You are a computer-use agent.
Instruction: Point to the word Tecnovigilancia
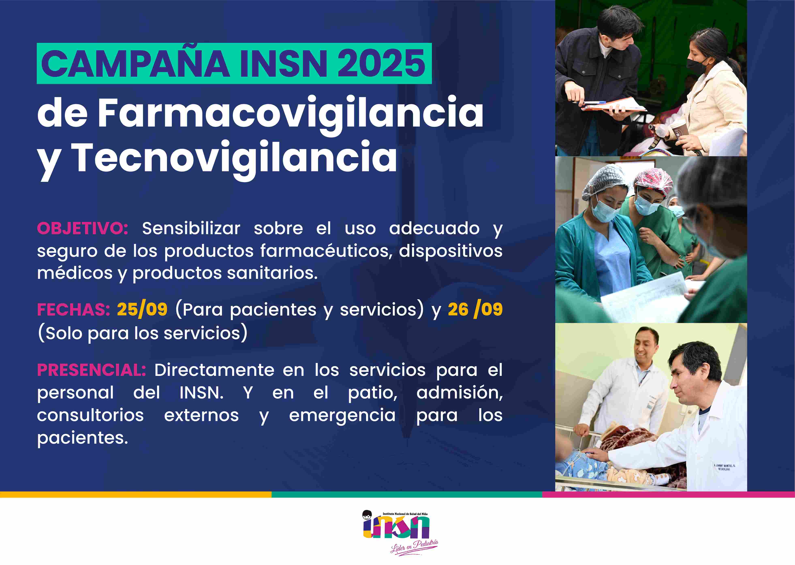(x=236, y=158)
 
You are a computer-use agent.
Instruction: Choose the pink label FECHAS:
(x=74, y=310)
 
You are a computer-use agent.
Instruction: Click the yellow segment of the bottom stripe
(x=136, y=494)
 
